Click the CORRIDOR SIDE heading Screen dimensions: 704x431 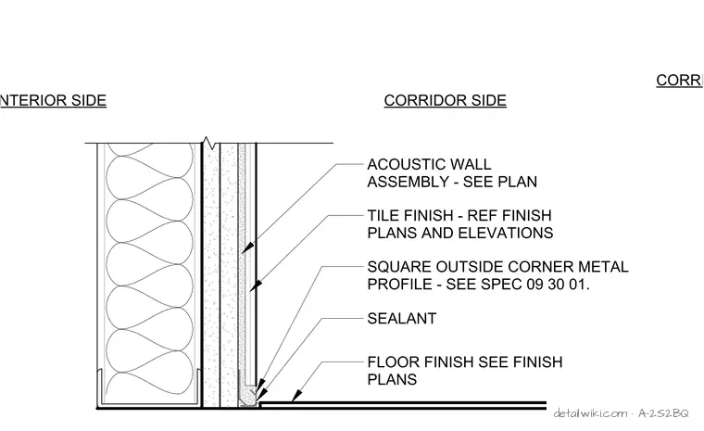click(445, 100)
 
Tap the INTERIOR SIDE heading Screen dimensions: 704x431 click(53, 100)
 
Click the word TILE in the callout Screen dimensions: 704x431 click(383, 216)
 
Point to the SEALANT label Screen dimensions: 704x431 click(402, 319)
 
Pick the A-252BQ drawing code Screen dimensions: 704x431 click(663, 413)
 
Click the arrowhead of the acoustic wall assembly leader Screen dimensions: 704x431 click(247, 247)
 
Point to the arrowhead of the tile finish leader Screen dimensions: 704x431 click(256, 285)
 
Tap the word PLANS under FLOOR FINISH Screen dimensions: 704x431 click(392, 380)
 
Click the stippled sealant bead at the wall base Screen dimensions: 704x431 click(247, 398)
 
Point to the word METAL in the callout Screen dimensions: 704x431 click(603, 267)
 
